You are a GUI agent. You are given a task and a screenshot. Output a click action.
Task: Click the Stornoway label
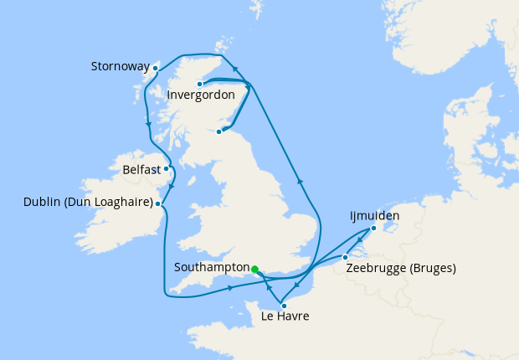120,65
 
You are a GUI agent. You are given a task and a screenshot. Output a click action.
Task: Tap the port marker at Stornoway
156,68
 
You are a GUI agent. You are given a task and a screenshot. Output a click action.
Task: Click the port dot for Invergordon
199,84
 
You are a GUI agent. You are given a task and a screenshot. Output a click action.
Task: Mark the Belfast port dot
167,168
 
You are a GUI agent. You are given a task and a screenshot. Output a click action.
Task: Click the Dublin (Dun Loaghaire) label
90,203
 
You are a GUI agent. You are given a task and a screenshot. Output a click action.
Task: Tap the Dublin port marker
158,203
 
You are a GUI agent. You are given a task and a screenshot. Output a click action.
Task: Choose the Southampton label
212,269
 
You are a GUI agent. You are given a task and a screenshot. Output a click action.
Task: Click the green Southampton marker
254,270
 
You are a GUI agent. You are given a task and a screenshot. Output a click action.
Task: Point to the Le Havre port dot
284,306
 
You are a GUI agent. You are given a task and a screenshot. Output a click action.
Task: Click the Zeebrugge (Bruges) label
402,269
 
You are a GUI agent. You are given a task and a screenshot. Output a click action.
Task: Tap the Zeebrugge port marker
346,257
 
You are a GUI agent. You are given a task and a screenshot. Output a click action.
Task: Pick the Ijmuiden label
374,216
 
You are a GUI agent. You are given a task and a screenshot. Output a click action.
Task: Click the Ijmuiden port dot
373,228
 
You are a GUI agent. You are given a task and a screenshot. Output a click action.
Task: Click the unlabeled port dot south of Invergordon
219,131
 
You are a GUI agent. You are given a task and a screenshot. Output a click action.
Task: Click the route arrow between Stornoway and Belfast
148,125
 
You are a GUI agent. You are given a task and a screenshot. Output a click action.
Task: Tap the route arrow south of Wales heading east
230,290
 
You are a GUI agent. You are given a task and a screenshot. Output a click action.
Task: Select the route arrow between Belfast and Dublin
170,186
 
